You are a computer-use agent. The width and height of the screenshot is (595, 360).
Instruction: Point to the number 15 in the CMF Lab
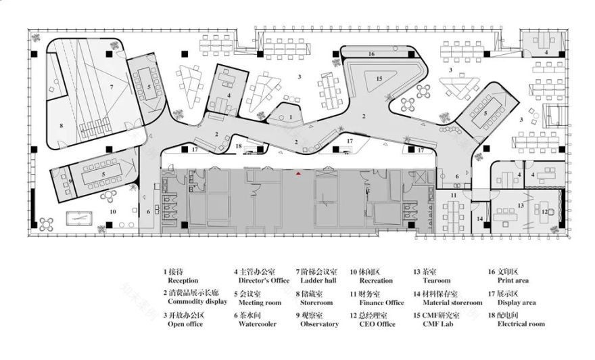pos(379,79)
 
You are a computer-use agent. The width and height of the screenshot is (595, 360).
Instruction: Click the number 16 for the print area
pos(371,53)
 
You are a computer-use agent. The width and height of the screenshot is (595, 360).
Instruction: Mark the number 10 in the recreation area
pos(113,212)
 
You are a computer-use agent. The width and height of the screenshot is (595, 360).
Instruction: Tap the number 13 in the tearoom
pos(521,204)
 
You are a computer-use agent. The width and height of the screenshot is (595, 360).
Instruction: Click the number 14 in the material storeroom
pos(479,219)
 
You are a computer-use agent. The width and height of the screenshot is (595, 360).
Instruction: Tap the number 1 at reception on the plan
pos(290,116)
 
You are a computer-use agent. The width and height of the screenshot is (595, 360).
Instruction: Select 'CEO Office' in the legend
pos(377,324)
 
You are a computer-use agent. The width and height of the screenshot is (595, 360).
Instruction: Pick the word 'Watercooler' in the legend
pos(258,324)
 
